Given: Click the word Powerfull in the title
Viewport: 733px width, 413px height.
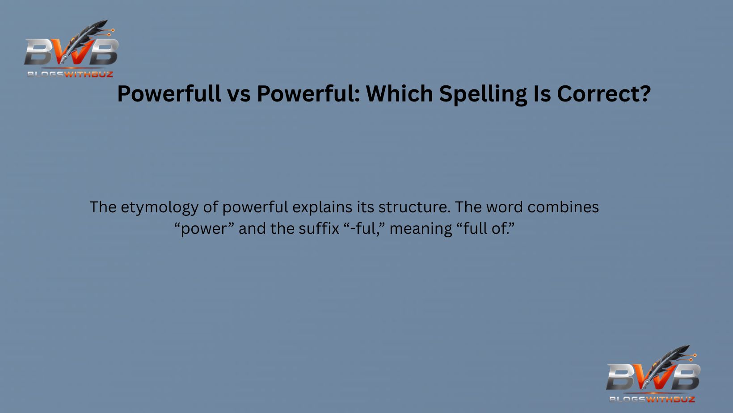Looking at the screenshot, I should [169, 94].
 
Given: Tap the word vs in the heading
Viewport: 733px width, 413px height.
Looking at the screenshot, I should [239, 94].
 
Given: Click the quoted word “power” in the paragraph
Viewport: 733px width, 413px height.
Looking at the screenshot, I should [204, 229].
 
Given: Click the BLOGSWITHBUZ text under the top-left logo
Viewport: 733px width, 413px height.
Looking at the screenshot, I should [70, 74].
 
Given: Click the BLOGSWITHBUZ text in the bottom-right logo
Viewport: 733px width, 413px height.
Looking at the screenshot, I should [652, 399].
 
